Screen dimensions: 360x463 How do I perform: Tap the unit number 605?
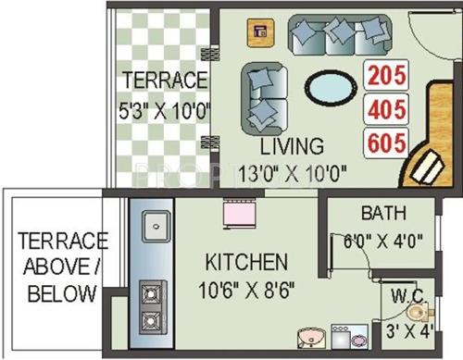388,144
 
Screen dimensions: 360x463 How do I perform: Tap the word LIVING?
293,146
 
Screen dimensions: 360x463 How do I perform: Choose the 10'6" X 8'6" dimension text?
244,289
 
